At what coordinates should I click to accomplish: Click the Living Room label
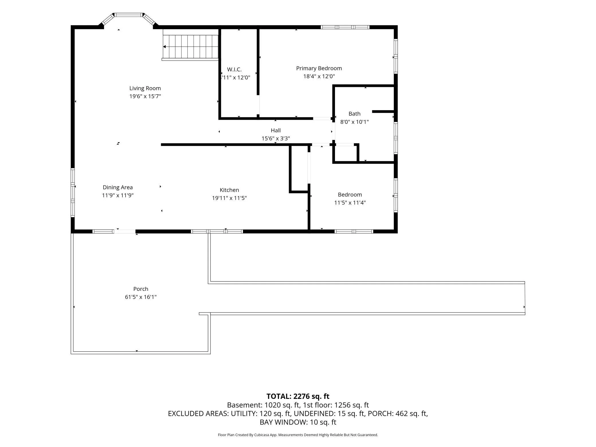pos(145,88)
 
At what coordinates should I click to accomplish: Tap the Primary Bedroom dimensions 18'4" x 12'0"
pos(319,76)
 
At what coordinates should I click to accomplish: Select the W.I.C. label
pos(234,69)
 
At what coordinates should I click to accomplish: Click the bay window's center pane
pos(129,15)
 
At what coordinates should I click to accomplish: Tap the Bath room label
pos(354,114)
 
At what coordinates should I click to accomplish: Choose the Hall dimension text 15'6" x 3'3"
pos(276,138)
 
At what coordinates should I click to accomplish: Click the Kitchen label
pos(229,190)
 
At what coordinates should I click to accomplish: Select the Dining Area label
pos(118,187)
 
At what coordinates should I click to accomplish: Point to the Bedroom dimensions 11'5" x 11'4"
pos(350,203)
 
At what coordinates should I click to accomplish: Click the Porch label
pos(141,289)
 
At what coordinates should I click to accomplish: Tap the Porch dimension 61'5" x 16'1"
pos(141,297)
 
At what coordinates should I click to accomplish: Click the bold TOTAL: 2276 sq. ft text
pos(298,396)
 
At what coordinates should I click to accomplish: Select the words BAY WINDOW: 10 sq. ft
pos(298,422)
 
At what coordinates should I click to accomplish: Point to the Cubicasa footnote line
pos(298,435)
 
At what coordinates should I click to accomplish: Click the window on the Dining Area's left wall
pos(73,193)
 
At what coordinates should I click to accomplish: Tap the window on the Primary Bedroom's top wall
pos(345,27)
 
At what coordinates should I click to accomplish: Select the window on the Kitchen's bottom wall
pos(217,232)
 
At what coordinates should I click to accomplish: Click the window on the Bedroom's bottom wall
pos(354,232)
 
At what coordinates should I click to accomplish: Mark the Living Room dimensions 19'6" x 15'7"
pos(145,96)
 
